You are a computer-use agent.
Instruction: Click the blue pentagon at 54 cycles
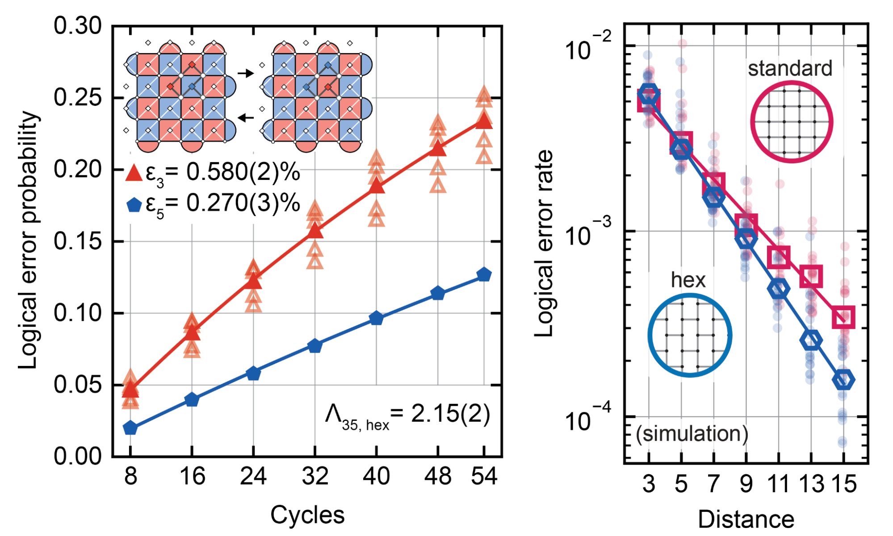point(484,275)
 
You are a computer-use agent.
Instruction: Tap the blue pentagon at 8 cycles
point(130,428)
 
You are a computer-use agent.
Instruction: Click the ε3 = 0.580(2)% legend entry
point(213,173)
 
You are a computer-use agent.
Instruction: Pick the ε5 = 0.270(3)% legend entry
point(213,204)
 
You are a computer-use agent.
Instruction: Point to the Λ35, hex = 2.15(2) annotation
point(407,415)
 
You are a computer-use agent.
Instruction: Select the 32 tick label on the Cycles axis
point(315,476)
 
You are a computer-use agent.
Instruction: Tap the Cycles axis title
point(307,515)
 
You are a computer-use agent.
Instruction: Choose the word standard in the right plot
point(790,69)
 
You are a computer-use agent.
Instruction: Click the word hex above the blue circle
point(688,280)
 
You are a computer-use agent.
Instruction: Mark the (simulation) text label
point(692,434)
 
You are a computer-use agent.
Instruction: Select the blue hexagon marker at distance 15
point(843,380)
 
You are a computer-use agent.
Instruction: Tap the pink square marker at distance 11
point(778,257)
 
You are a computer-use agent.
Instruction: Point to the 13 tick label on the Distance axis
point(811,484)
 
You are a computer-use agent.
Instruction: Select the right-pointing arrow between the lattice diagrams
point(245,73)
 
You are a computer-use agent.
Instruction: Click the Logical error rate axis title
point(544,244)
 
